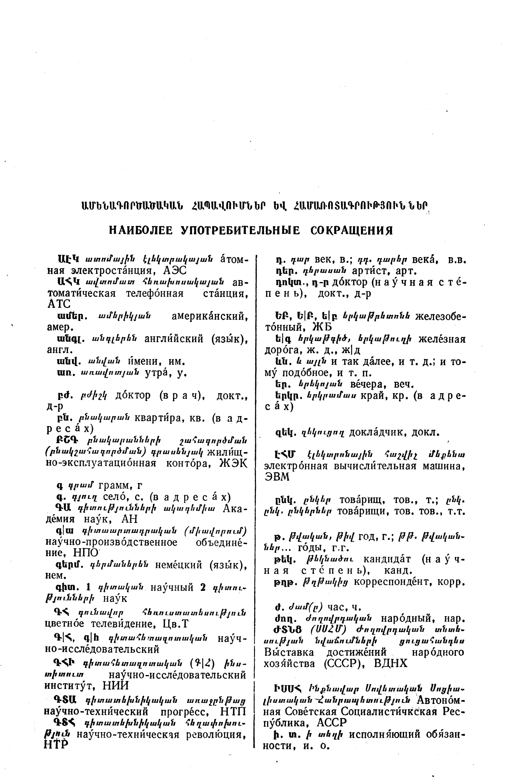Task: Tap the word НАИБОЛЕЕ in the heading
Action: click(141, 231)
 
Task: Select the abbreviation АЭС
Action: click(175, 271)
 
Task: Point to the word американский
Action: click(209, 316)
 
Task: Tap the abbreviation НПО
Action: click(85, 552)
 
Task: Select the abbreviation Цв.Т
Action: click(175, 624)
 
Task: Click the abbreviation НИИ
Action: click(116, 685)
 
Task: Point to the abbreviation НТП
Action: click(233, 711)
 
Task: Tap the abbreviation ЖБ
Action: click(322, 327)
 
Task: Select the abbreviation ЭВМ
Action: click(277, 477)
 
